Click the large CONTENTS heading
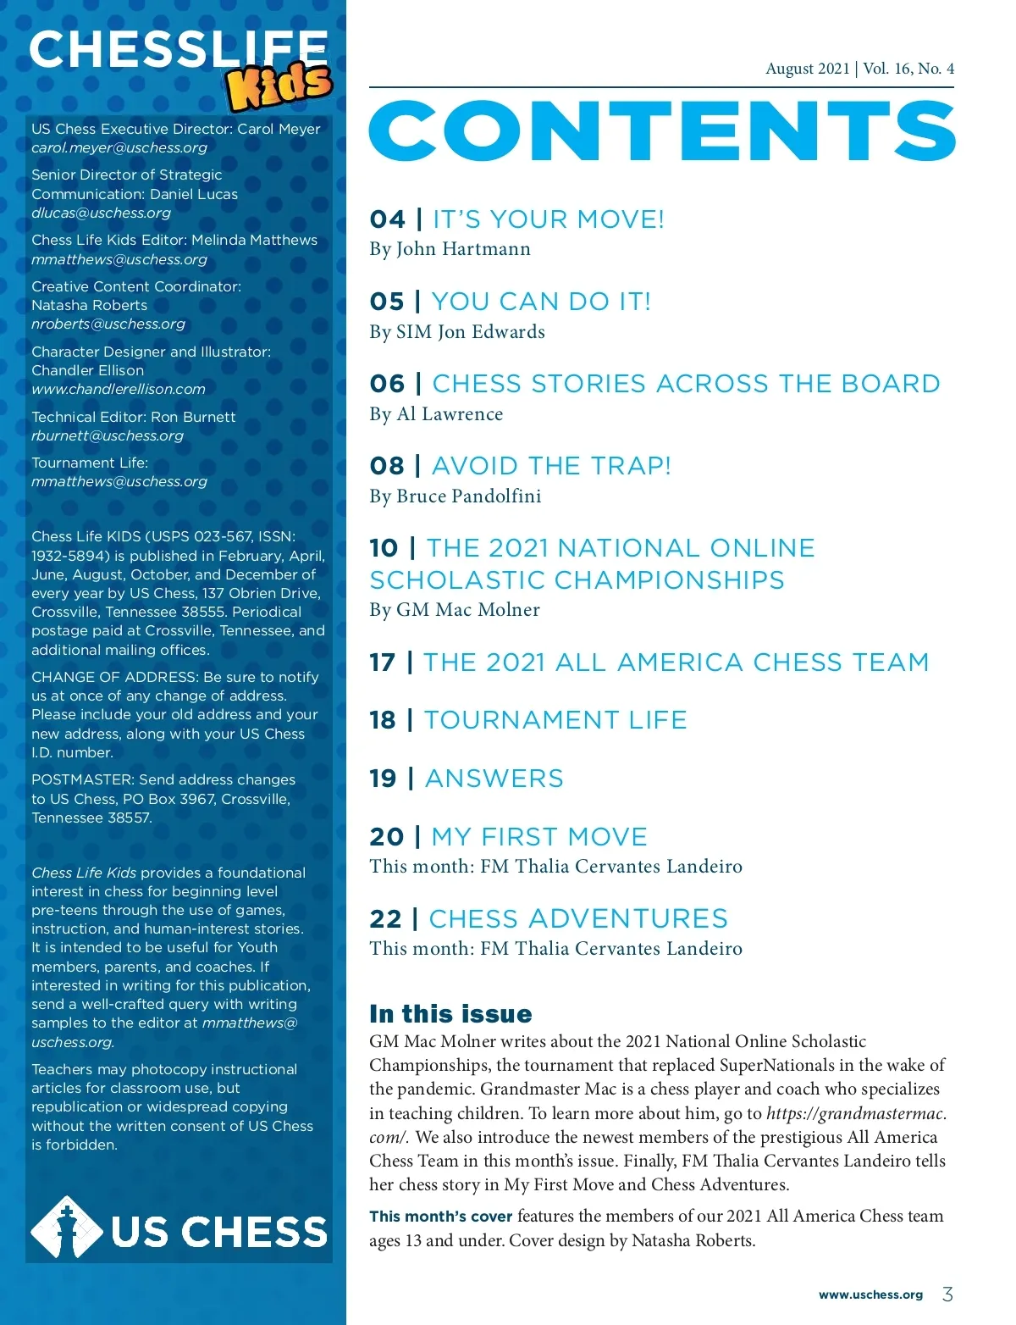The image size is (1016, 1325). (x=662, y=130)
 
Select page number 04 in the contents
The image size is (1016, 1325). (x=388, y=219)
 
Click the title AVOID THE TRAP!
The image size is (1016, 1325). (x=551, y=466)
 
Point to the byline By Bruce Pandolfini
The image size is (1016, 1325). (x=456, y=496)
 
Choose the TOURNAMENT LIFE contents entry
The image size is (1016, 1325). (x=555, y=720)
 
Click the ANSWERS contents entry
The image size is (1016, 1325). (x=494, y=779)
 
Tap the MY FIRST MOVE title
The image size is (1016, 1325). (x=539, y=837)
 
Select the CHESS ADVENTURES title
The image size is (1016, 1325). (x=578, y=919)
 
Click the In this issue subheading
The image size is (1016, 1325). (x=450, y=1014)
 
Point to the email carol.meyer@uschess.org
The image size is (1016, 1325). (x=119, y=147)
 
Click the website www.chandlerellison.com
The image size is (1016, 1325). (x=119, y=389)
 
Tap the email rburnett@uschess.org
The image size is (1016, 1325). (x=108, y=435)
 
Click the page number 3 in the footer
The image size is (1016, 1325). (x=947, y=1294)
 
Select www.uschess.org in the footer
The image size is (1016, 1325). (x=870, y=1295)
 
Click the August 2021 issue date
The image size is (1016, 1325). (x=807, y=69)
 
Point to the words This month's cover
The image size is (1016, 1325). (x=441, y=1217)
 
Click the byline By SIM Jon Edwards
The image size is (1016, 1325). (x=457, y=332)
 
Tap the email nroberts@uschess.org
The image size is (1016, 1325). (x=108, y=324)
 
